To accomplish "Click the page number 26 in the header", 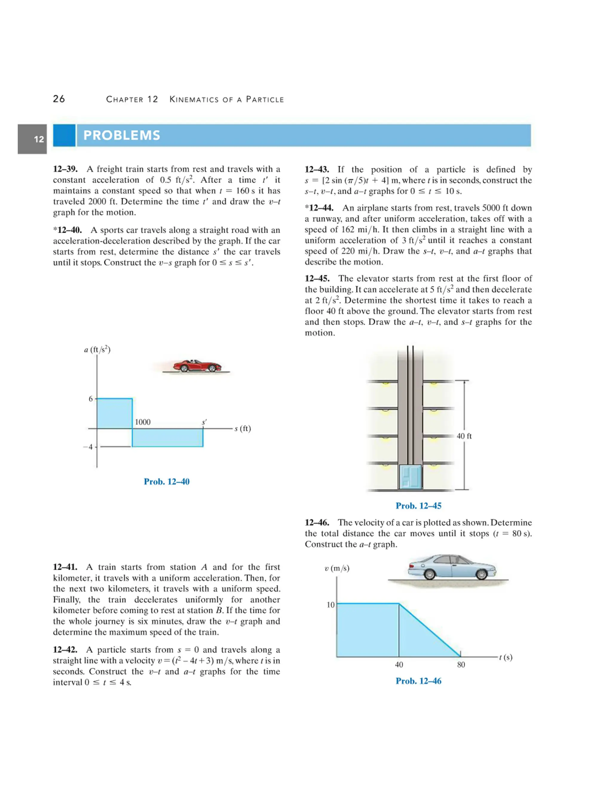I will click(x=59, y=99).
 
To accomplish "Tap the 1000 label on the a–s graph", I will click(x=143, y=422).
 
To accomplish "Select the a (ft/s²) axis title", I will click(x=97, y=350).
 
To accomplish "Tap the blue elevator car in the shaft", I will click(x=410, y=477).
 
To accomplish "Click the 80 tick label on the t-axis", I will click(x=461, y=665).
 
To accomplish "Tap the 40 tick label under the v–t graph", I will click(x=399, y=665).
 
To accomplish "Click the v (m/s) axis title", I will click(x=337, y=568).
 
